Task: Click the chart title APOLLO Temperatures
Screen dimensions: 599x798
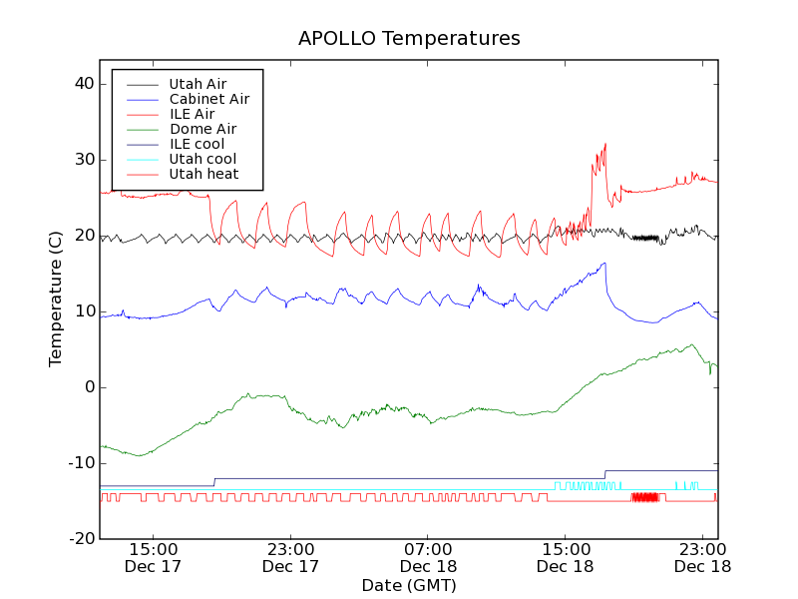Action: (409, 39)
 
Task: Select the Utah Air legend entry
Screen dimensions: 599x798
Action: (198, 84)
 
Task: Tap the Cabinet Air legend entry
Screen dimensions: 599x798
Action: (208, 99)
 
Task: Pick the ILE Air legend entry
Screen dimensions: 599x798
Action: (192, 114)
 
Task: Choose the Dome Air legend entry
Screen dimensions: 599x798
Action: (202, 129)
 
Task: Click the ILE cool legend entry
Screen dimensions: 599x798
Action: (197, 144)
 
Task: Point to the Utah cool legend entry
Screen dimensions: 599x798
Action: (202, 159)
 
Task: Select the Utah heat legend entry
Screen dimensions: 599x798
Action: (202, 174)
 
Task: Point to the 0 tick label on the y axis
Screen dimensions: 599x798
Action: (88, 387)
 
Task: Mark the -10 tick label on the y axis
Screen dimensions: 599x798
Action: (80, 463)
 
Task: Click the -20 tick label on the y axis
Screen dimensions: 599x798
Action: (80, 539)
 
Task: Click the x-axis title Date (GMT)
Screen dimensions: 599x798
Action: (409, 585)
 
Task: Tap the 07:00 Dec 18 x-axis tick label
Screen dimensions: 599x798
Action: (428, 557)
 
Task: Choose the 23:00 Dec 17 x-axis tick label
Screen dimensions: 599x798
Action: (290, 557)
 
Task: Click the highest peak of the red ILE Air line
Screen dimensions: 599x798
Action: (604, 144)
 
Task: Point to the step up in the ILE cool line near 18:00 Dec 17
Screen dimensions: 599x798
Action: (214, 482)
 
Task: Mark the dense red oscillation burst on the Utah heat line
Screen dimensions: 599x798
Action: (644, 496)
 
